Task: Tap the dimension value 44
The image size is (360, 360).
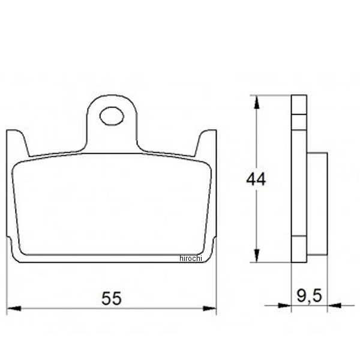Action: tap(255, 179)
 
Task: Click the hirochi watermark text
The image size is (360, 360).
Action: tap(192, 259)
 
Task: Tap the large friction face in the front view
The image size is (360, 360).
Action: tap(112, 204)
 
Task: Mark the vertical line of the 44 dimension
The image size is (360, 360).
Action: tap(258, 144)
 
